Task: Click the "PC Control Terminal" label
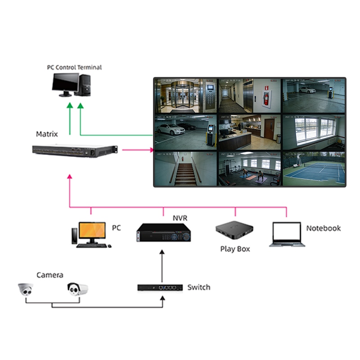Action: [74, 67]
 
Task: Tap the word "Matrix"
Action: [47, 134]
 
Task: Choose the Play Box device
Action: [234, 231]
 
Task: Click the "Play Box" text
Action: [235, 249]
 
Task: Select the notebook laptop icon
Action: [287, 234]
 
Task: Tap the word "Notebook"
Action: [323, 228]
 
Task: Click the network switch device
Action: [160, 287]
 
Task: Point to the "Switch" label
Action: [198, 287]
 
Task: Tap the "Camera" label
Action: [49, 275]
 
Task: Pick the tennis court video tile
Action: [314, 169]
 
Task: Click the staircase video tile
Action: [185, 169]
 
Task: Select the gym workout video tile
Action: [249, 169]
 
